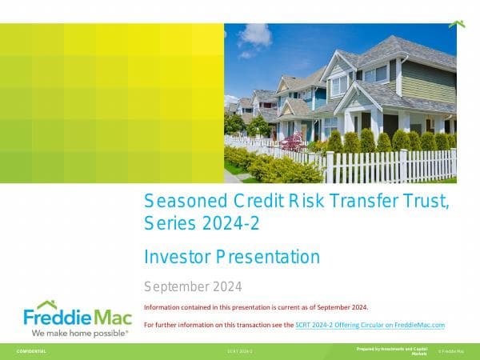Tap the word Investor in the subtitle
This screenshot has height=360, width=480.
tap(174, 257)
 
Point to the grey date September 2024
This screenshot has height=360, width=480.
tap(192, 286)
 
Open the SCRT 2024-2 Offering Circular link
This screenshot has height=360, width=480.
tap(370, 325)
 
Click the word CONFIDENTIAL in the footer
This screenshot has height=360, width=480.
tap(31, 351)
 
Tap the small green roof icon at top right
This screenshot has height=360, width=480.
tap(457, 24)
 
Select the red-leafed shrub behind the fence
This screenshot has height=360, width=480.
tap(292, 142)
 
